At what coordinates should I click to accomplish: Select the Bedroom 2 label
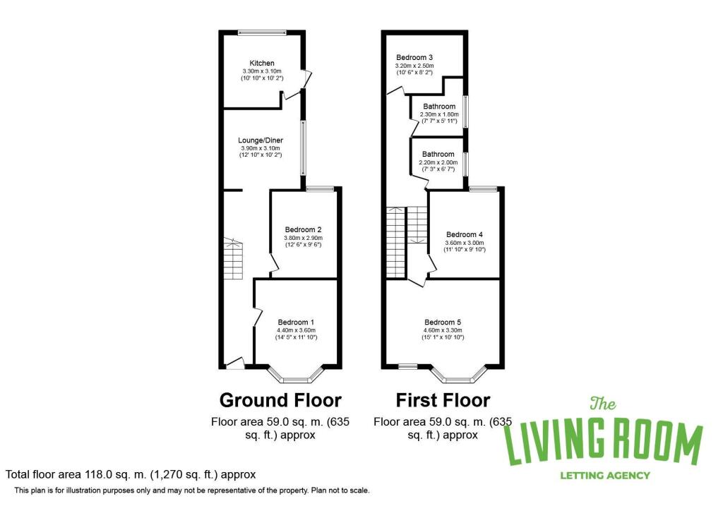click(x=304, y=229)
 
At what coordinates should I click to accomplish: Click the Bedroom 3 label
click(x=414, y=57)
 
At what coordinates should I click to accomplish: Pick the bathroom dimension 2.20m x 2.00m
click(x=438, y=162)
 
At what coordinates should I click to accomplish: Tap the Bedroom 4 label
click(x=465, y=234)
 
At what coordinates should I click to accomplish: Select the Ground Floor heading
click(x=280, y=400)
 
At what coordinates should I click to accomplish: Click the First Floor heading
click(x=443, y=400)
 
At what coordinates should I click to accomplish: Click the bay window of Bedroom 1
click(x=297, y=374)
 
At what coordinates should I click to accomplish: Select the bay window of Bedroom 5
click(x=460, y=374)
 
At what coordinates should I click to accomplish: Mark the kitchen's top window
click(x=262, y=32)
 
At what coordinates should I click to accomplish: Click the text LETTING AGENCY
click(x=604, y=475)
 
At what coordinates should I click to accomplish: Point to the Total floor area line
click(x=131, y=475)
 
